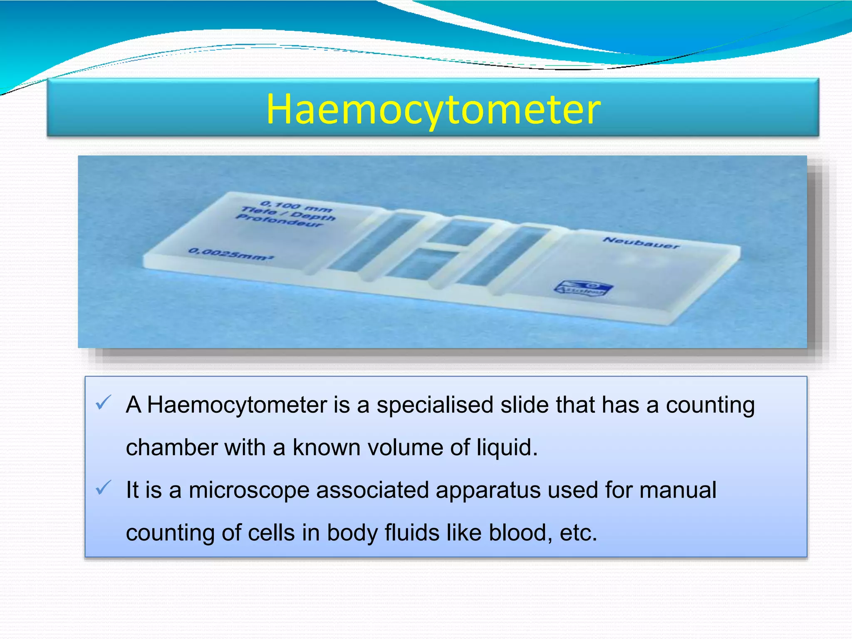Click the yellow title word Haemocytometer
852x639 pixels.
tap(433, 109)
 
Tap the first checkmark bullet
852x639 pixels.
tap(103, 402)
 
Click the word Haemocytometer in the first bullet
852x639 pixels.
tap(237, 405)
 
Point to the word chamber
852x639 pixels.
tap(172, 448)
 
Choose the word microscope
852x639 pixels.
tap(249, 490)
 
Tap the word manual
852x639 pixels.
tap(678, 490)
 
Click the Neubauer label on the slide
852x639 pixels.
tap(641, 243)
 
